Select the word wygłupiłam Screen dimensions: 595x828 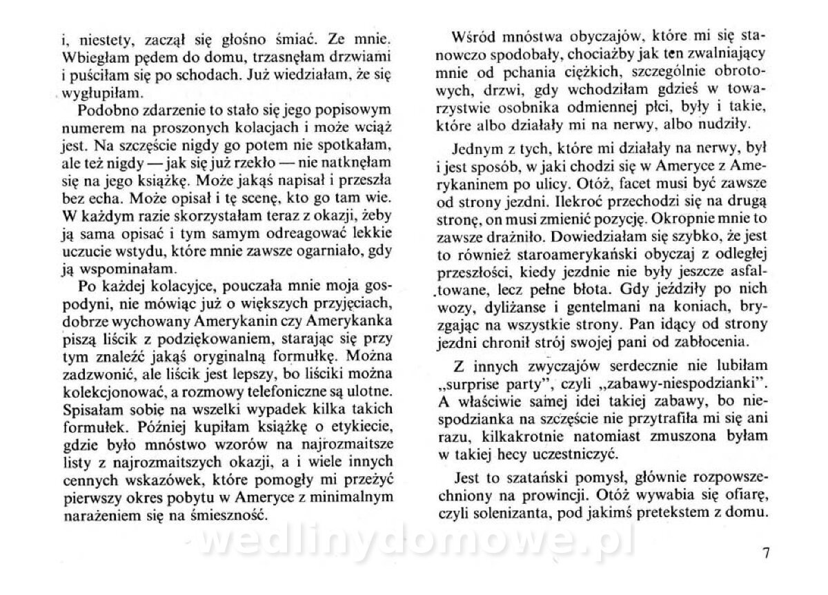click(x=98, y=91)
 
